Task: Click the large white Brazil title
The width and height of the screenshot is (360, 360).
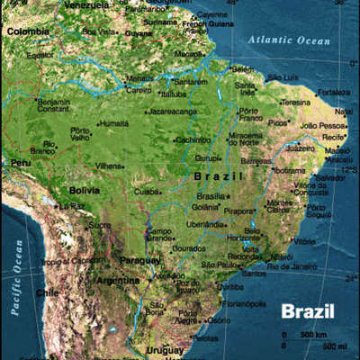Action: (307, 312)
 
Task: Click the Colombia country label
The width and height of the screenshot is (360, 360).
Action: (26, 31)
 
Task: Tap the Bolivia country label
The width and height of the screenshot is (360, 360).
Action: (85, 191)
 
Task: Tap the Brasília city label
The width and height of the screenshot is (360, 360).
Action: (211, 195)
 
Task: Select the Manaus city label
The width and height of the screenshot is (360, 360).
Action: (139, 78)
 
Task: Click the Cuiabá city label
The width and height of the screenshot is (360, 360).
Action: (148, 191)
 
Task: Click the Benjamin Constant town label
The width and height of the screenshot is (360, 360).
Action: (52, 105)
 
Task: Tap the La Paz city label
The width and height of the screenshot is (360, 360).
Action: (70, 206)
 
